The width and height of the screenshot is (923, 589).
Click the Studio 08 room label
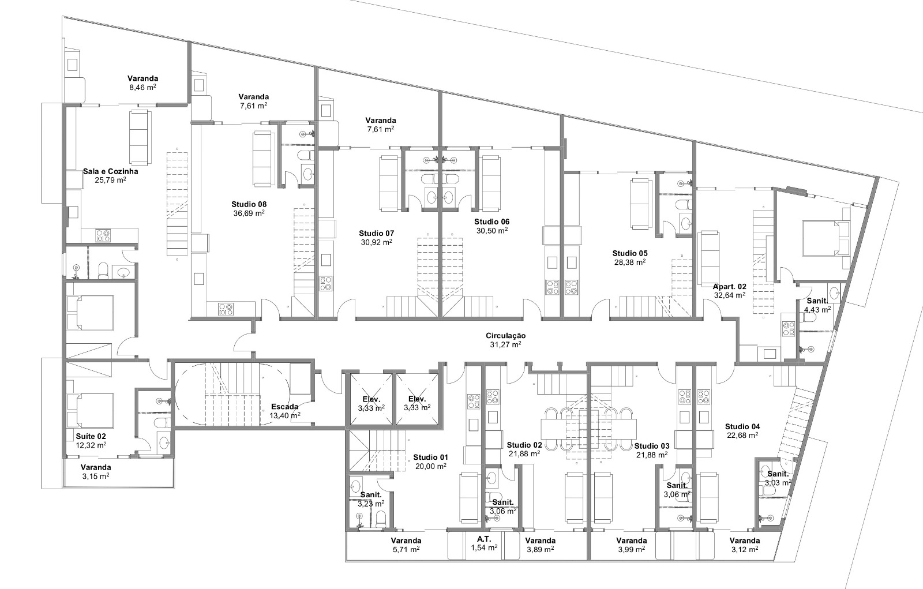249,204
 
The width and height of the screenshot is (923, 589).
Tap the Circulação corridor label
505,336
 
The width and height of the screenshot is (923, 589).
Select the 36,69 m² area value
249,213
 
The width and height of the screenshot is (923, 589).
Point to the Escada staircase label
285,407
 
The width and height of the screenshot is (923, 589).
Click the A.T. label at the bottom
484,539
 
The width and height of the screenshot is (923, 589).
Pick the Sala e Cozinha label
110,171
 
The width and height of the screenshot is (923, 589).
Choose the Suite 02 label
91,437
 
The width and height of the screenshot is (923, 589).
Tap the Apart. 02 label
729,287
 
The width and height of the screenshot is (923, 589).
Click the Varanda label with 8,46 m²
142,78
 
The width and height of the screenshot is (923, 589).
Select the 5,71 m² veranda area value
406,549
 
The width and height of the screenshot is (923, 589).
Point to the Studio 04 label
742,426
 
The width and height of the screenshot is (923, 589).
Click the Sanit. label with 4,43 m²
817,301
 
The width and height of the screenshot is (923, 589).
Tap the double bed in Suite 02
90,411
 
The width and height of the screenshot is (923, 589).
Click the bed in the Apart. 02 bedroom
826,239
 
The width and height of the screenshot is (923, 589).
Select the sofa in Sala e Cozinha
140,137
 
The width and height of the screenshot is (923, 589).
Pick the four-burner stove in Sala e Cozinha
103,235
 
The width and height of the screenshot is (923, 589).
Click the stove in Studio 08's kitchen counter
226,309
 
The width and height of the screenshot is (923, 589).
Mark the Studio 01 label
430,457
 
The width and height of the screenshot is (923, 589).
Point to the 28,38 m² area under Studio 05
629,262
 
